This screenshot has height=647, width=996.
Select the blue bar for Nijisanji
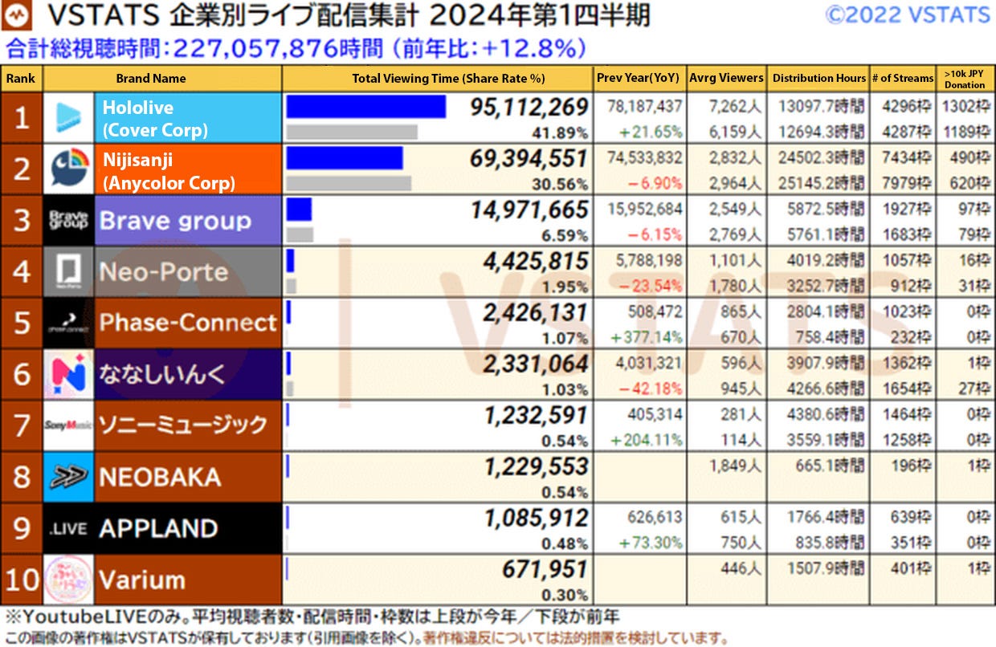[x=345, y=158]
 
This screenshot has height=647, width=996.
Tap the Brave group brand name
[x=175, y=221]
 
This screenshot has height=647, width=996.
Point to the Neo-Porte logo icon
[x=68, y=271]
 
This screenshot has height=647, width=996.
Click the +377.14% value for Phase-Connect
[x=647, y=337]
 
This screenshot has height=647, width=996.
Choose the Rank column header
[x=22, y=79]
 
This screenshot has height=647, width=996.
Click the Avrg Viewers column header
[x=726, y=78]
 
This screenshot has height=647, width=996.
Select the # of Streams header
[x=903, y=79]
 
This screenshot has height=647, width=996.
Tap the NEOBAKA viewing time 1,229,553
[x=536, y=466]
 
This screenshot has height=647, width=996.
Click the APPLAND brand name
[x=158, y=528]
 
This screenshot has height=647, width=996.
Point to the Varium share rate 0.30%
[x=565, y=595]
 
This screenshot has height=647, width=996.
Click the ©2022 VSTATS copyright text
[x=908, y=14]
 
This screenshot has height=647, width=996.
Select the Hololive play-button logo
[x=68, y=118]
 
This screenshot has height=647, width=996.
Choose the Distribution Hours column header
[x=819, y=79]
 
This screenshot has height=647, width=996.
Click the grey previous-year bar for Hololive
[x=351, y=132]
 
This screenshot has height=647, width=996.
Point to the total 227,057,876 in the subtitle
[x=266, y=49]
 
